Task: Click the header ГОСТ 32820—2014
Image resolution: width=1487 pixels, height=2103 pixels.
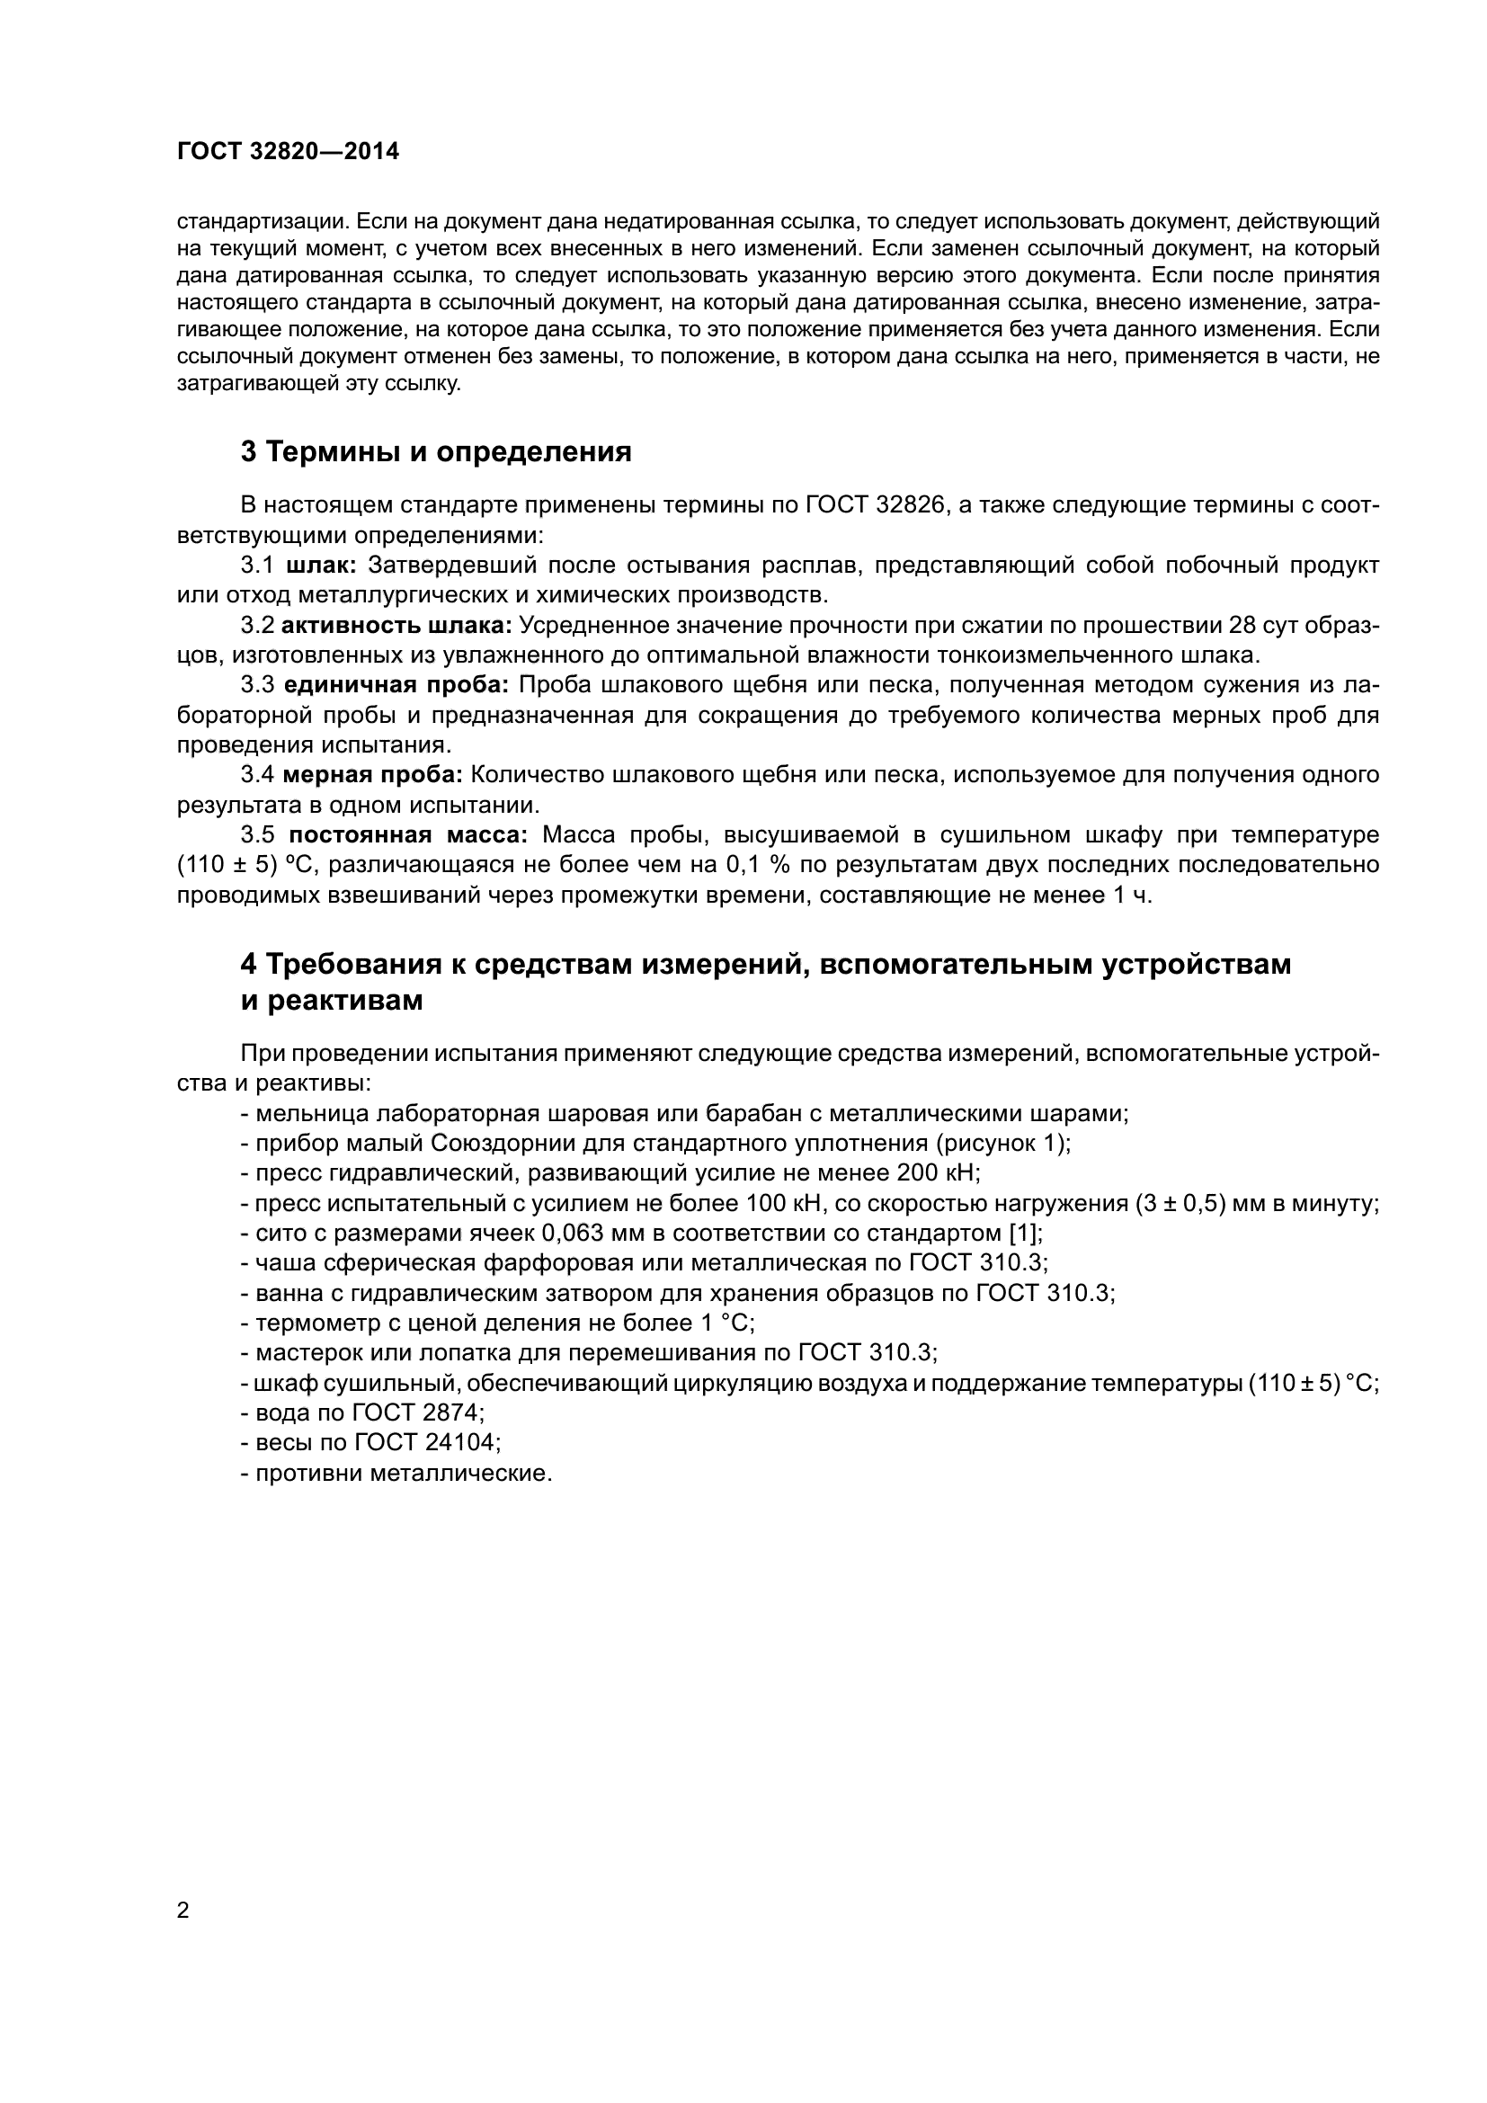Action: (289, 152)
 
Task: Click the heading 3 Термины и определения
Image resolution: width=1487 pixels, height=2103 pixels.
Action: (436, 451)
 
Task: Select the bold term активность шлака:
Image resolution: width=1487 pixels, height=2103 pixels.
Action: (396, 626)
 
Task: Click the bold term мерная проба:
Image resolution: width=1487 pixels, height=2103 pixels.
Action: (373, 775)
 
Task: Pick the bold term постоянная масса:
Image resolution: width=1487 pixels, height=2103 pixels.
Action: (407, 835)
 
